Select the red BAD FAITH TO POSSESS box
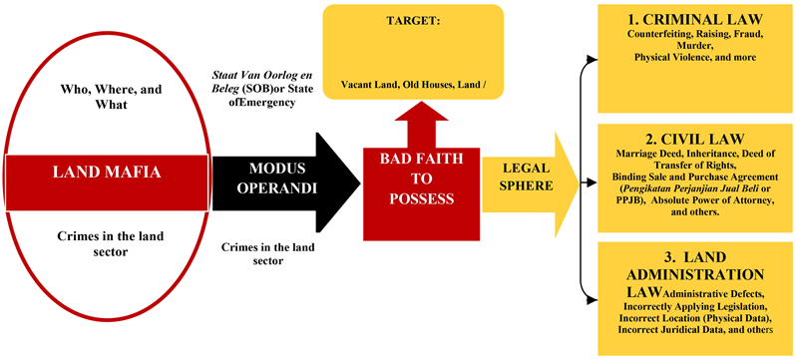(417, 180)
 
